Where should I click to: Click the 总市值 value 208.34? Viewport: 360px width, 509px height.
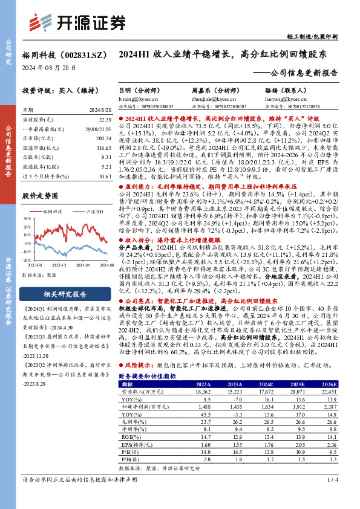click(x=104, y=138)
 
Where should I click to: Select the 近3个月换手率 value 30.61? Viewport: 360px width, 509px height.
click(x=105, y=175)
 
